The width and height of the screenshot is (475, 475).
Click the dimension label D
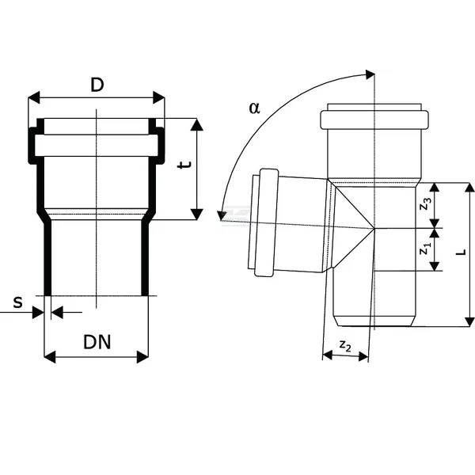point(97,84)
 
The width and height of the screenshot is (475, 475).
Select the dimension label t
point(182,165)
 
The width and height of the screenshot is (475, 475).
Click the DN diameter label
point(97,342)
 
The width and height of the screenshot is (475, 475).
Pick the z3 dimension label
point(426,203)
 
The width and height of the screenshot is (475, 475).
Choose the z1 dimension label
point(425,248)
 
